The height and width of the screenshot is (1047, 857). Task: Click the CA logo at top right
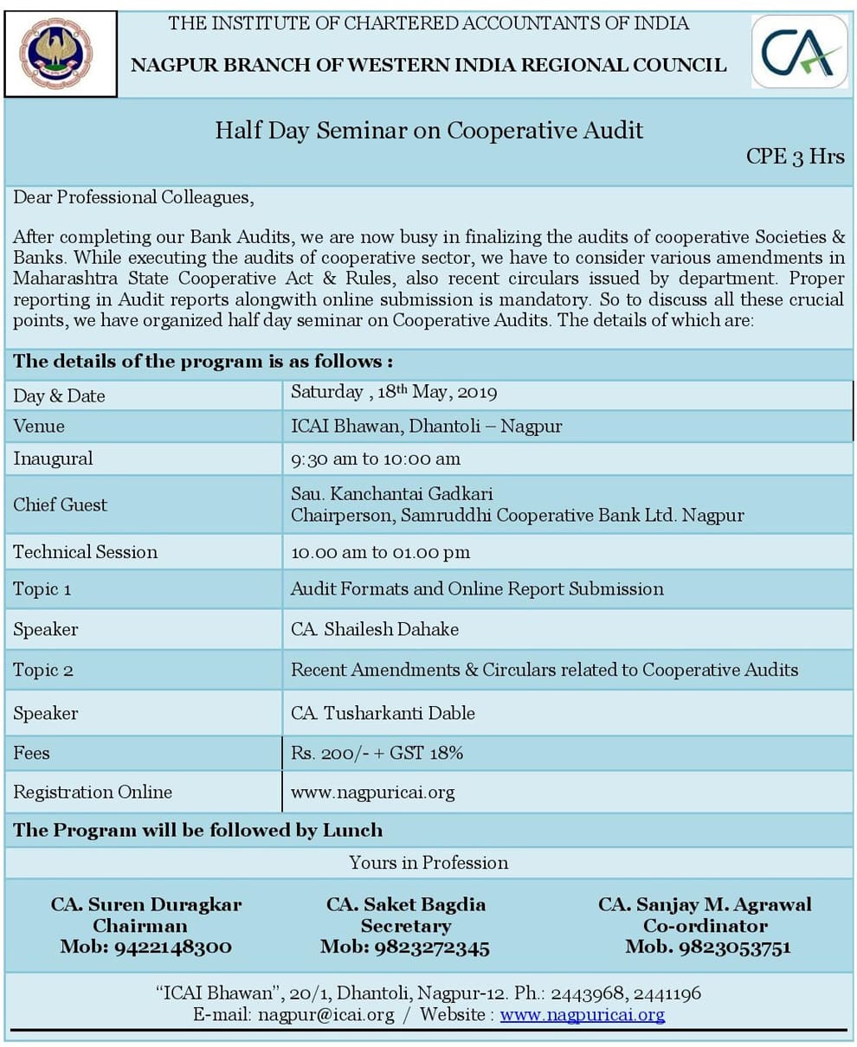[799, 52]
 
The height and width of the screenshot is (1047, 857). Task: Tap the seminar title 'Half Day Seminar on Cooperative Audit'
[428, 131]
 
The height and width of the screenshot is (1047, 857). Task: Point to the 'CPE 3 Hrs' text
[795, 157]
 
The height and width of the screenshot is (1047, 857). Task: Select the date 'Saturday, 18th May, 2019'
[394, 393]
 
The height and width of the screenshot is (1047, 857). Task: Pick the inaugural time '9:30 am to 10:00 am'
[375, 459]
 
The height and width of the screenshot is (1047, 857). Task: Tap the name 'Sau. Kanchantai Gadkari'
[391, 494]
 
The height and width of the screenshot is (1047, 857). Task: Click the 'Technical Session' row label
[85, 552]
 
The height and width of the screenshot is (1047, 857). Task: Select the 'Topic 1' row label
[42, 589]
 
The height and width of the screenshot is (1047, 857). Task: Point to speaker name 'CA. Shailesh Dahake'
[374, 629]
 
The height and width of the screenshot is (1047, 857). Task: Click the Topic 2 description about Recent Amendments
[544, 670]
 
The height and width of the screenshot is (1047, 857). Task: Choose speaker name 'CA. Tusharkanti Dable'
[383, 713]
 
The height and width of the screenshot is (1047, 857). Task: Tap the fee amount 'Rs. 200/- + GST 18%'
[377, 753]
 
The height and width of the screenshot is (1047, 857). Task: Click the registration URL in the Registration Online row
[372, 792]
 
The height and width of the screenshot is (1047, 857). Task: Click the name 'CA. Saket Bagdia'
[405, 904]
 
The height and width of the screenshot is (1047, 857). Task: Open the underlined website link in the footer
[582, 1015]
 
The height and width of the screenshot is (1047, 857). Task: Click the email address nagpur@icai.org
[325, 1015]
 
